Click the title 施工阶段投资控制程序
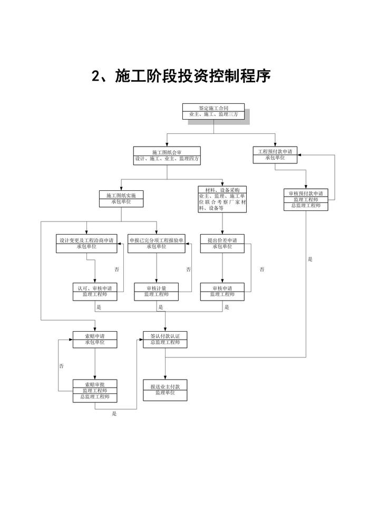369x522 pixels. (x=181, y=77)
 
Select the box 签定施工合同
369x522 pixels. (x=213, y=111)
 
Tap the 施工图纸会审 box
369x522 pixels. (x=167, y=155)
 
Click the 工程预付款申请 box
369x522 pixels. (x=275, y=154)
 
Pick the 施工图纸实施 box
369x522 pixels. (x=121, y=198)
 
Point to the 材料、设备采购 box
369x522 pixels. (x=222, y=199)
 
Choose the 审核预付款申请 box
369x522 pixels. (x=306, y=199)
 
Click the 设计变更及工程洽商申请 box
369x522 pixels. (x=94, y=243)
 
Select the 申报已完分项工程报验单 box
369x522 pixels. (x=156, y=243)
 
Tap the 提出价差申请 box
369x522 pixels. (x=222, y=243)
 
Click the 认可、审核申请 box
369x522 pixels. (x=95, y=292)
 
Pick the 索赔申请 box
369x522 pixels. (x=95, y=340)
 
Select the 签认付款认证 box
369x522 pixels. (x=166, y=340)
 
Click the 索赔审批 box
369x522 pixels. (x=95, y=390)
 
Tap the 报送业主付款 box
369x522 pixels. (x=166, y=390)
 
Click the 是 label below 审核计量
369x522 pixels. (x=161, y=307)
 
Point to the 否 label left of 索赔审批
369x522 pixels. (x=62, y=366)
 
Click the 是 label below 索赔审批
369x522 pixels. (x=114, y=414)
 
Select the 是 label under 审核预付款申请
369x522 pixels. (x=310, y=259)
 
